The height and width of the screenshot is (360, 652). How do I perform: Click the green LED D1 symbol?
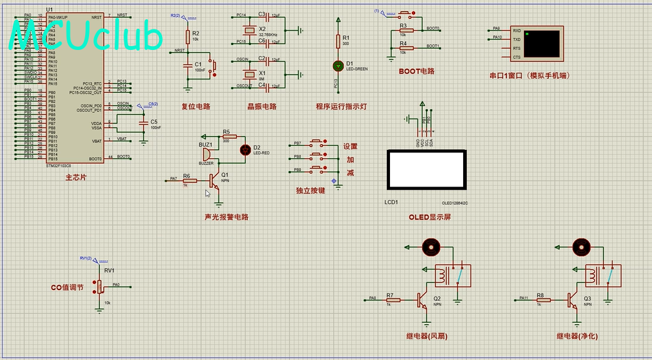[x=338, y=65]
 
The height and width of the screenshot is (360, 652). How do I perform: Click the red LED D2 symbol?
[x=244, y=150]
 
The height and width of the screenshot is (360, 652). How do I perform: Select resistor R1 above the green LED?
[x=338, y=41]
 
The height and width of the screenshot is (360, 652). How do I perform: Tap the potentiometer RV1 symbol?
[x=99, y=286]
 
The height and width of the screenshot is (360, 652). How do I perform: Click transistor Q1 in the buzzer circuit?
[x=216, y=182]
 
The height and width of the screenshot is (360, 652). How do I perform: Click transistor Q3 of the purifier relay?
[x=572, y=299]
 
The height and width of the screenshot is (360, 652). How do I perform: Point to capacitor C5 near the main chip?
[x=145, y=122]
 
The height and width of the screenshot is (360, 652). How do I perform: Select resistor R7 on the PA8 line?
[x=393, y=299]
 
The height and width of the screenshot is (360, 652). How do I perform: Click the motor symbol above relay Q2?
[x=430, y=246]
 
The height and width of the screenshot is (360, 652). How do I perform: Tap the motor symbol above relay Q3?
[x=581, y=246]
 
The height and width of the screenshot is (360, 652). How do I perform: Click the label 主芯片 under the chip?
[x=76, y=177]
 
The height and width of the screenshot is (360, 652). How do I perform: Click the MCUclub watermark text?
[x=86, y=37]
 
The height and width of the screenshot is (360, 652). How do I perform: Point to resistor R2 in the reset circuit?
[x=188, y=36]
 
